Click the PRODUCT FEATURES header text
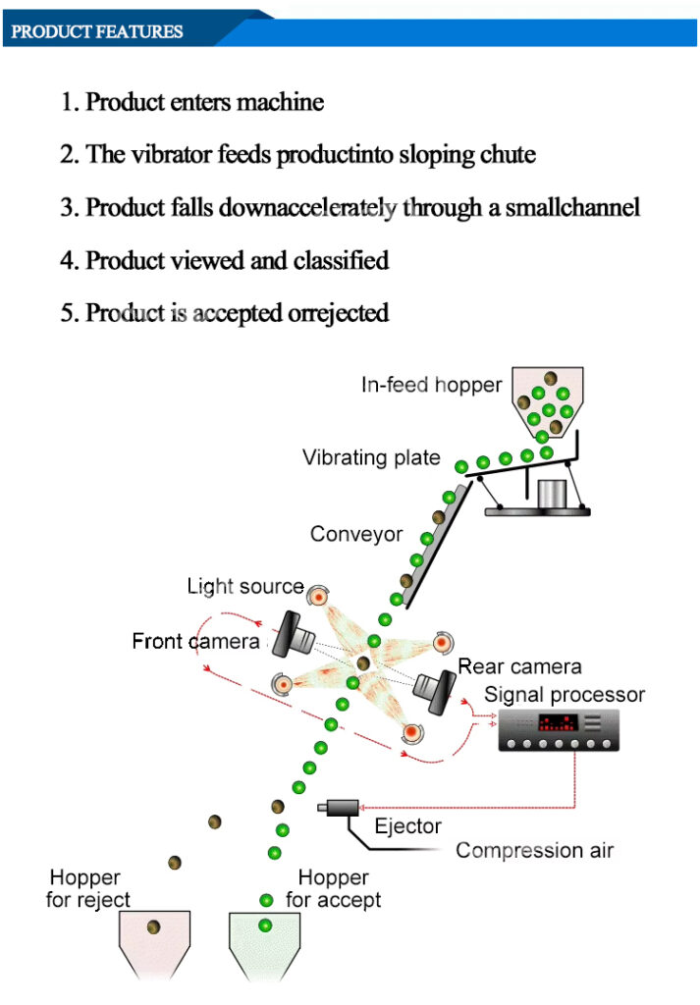tap(97, 31)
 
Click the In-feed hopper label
tap(431, 385)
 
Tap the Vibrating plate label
tap(371, 457)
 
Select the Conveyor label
tap(356, 534)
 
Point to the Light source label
tap(245, 586)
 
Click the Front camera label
tap(195, 642)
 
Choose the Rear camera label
tap(519, 667)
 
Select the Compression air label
tap(534, 850)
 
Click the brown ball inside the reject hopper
tap(154, 926)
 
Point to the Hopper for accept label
tap(333, 888)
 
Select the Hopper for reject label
tap(87, 888)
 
